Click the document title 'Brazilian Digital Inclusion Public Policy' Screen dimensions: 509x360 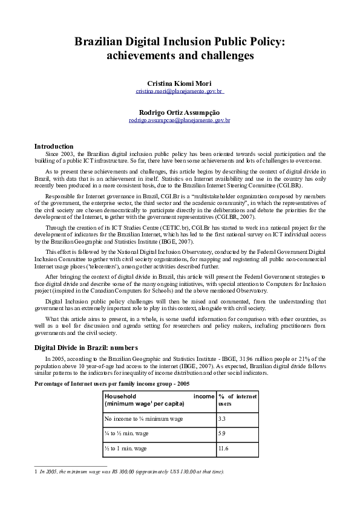[179, 42]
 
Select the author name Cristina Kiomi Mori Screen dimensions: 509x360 [179, 83]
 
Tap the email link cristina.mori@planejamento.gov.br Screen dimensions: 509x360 [179, 91]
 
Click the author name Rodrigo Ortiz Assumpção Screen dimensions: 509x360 [179, 112]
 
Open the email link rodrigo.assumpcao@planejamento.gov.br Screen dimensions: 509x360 [179, 120]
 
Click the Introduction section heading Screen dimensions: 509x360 [54, 146]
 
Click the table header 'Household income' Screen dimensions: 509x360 [159, 400]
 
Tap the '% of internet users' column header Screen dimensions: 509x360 [237, 400]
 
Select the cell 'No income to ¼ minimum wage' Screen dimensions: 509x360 [143, 418]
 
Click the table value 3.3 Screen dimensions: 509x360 [222, 418]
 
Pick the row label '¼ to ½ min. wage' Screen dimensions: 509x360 [125, 433]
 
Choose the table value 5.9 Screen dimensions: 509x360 [222, 433]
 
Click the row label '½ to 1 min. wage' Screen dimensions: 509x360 [125, 449]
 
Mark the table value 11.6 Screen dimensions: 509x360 [223, 449]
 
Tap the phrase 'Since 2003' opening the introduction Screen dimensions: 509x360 [61, 154]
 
